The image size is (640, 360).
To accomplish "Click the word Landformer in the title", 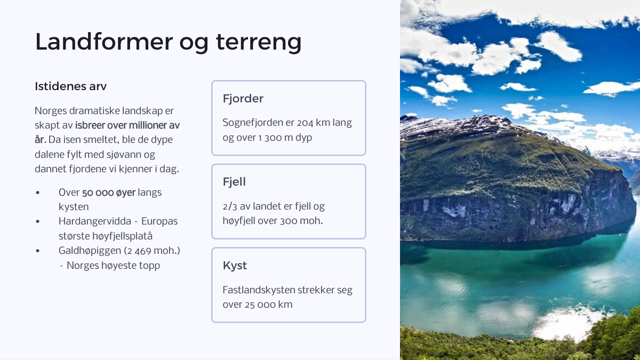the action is (104, 42).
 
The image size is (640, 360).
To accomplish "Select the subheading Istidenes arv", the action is (70, 86).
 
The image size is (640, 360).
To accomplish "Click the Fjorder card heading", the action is (243, 99).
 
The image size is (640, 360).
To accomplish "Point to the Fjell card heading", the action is (234, 182).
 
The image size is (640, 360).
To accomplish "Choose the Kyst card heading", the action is (235, 266).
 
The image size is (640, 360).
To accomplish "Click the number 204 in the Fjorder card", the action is (305, 123).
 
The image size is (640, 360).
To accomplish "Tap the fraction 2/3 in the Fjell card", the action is (230, 206).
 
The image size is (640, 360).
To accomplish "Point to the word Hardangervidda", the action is (95, 221).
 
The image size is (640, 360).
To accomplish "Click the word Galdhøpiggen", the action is (90, 251).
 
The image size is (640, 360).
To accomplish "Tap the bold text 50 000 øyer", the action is (109, 193).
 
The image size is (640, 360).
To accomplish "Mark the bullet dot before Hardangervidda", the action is (38, 222).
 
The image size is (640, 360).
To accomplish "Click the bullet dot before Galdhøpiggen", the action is (38, 251).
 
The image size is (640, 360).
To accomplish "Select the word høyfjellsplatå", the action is (123, 236).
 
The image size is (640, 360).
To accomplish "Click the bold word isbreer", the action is (89, 125).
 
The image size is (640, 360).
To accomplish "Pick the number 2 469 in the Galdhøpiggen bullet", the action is (139, 251).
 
